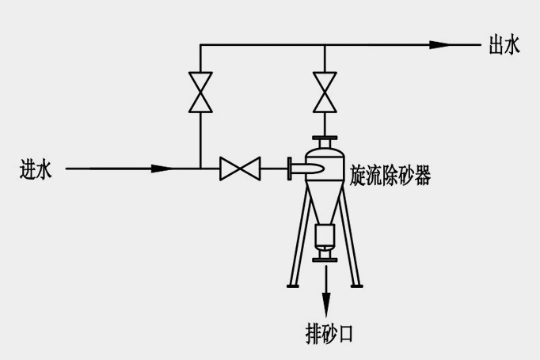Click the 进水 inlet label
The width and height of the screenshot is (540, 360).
point(36,169)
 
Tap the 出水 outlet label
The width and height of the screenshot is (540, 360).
point(504,45)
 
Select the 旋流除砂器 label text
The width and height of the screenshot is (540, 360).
point(390,176)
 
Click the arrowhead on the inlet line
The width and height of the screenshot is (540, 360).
point(163,168)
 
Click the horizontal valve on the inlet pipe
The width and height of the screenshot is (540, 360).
point(240,168)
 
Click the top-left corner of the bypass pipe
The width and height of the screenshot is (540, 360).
point(200,45)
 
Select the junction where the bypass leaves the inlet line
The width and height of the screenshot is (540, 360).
point(200,168)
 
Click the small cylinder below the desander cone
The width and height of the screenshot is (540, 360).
point(325,235)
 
